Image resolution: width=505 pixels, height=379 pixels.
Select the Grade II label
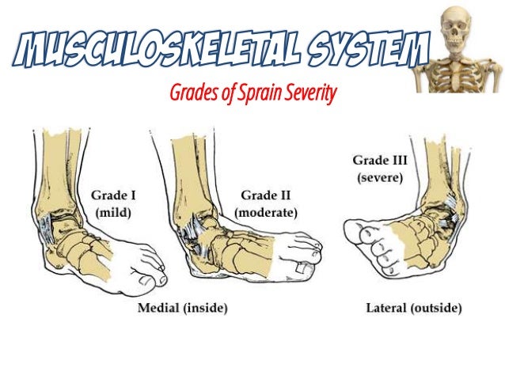pos(266,195)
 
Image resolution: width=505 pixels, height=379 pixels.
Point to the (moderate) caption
pos(266,212)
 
